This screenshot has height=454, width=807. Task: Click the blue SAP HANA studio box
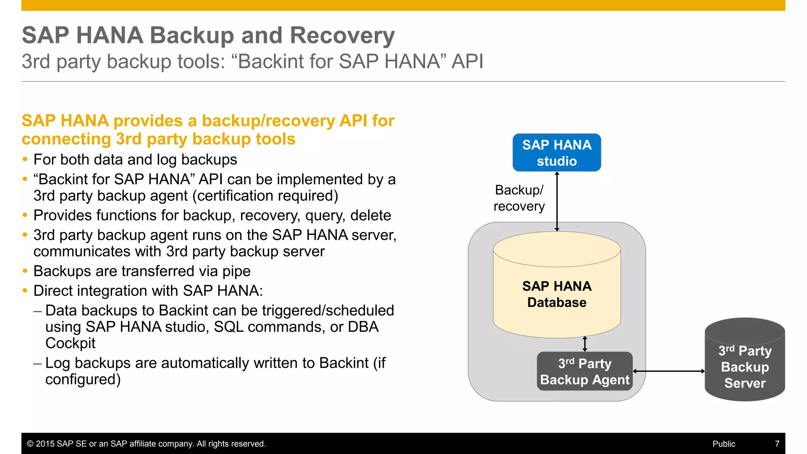click(556, 153)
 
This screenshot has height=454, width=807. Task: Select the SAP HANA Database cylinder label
click(556, 294)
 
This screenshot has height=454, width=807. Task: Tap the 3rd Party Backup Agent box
click(585, 371)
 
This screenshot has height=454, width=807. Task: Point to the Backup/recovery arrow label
click(519, 198)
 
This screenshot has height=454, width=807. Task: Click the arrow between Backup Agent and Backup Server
click(669, 371)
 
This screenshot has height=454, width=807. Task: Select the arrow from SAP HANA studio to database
click(557, 201)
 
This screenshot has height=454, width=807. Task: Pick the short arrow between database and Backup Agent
click(585, 344)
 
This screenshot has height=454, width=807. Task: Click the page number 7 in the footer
click(777, 444)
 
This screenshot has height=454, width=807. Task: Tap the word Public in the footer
click(723, 444)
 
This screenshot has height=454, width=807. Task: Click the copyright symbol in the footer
click(30, 444)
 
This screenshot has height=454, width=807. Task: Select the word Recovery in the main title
click(342, 35)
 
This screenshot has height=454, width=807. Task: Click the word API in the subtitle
click(467, 61)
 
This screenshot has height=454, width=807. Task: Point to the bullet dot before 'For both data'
click(25, 160)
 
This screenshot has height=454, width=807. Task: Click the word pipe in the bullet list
click(236, 271)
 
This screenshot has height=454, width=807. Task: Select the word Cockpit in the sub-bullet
click(70, 343)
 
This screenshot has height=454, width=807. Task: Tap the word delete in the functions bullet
click(370, 216)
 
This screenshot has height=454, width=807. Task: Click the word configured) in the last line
click(83, 380)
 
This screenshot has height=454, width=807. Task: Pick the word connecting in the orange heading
click(66, 139)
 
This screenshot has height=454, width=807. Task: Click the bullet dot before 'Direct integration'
click(25, 291)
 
